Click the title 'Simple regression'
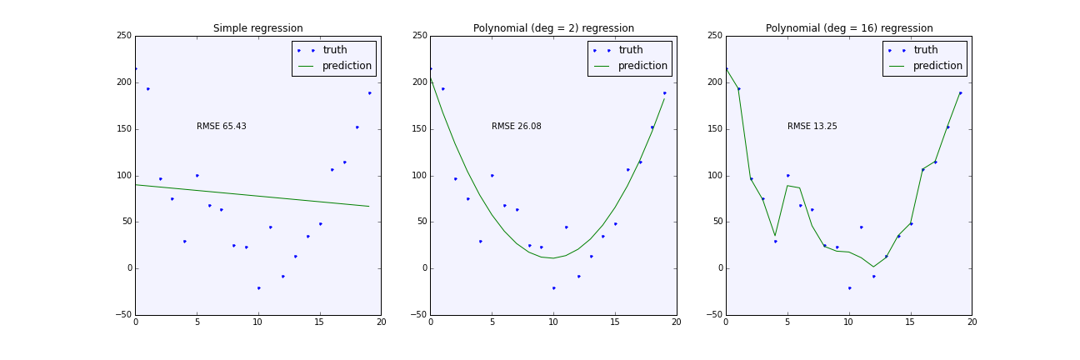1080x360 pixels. tap(257, 28)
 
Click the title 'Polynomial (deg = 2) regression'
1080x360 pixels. tap(553, 28)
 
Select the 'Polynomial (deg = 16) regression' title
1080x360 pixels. tap(848, 28)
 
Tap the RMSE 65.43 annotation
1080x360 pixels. tap(221, 127)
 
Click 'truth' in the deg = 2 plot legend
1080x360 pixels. tap(630, 50)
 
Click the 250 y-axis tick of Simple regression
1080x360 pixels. tap(122, 36)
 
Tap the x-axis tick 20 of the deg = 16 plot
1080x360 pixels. tap(972, 322)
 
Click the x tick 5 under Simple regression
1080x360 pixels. tap(197, 322)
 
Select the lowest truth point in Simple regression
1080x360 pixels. tap(258, 287)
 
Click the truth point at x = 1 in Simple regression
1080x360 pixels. tap(147, 89)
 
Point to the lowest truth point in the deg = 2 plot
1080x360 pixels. tap(553, 287)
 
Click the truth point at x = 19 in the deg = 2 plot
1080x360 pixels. tap(664, 93)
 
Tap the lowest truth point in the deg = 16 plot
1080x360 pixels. tap(849, 287)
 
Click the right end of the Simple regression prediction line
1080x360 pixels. tap(368, 206)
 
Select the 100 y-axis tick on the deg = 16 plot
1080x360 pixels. tap(713, 176)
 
